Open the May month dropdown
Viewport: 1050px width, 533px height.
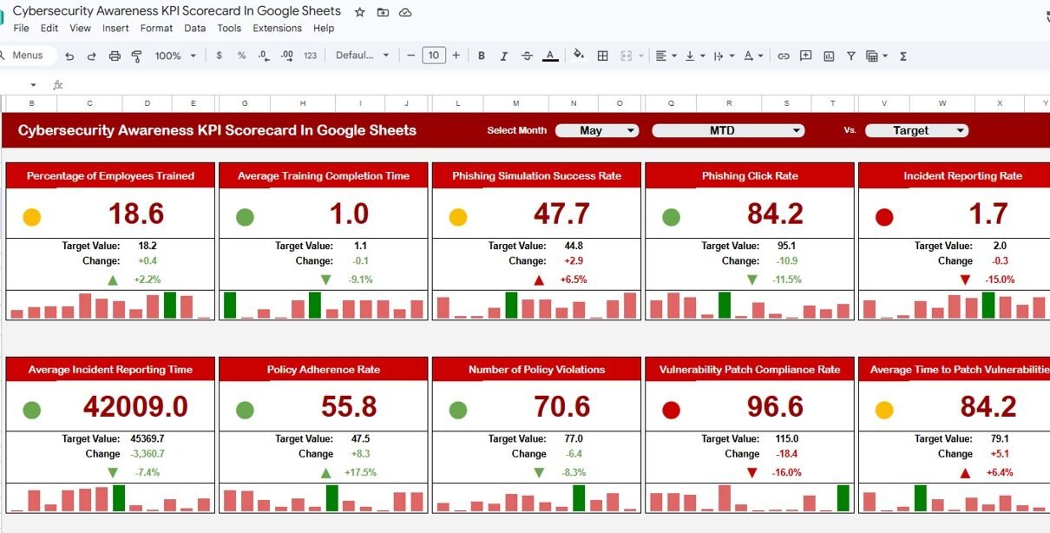(597, 130)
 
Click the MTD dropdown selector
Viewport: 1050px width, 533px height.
(728, 130)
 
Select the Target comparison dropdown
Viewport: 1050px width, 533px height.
(916, 130)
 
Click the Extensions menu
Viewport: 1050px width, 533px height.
(277, 28)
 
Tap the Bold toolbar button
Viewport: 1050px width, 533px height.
(481, 56)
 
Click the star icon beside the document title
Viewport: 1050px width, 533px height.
(359, 12)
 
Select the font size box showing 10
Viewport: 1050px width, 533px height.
(434, 56)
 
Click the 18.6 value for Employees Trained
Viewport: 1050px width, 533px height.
(136, 214)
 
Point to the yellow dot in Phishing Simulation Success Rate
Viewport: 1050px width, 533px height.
(458, 217)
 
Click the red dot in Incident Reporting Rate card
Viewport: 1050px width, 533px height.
(884, 217)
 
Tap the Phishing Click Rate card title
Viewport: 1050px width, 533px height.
(750, 176)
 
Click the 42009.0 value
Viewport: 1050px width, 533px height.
(135, 406)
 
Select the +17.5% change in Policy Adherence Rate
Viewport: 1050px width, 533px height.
(360, 472)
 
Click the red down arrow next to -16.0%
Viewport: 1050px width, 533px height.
(751, 472)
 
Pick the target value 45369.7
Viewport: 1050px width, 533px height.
(148, 438)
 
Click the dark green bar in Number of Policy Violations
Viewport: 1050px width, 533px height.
(579, 497)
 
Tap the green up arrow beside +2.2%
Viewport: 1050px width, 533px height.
(113, 280)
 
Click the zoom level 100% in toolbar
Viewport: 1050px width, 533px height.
(167, 56)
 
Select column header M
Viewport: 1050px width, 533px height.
(515, 103)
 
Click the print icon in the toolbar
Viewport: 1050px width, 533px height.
(115, 56)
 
